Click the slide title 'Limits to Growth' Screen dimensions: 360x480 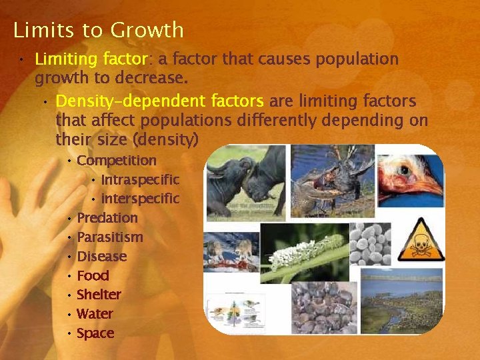click(x=98, y=30)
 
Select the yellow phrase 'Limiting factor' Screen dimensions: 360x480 click(x=89, y=59)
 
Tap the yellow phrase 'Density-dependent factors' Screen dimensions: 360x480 click(x=160, y=101)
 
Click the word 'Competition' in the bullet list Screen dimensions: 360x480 click(x=117, y=161)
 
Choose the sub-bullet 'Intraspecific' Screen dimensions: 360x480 click(x=140, y=180)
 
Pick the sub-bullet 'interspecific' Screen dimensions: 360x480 click(x=140, y=199)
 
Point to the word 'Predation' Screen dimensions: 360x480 click(x=107, y=218)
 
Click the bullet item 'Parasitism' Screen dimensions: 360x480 click(x=110, y=237)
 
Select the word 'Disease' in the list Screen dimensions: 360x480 click(x=101, y=257)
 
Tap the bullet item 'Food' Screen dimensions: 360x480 click(x=93, y=276)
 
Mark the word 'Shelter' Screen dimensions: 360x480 click(x=99, y=295)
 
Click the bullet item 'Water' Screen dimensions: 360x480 click(x=95, y=314)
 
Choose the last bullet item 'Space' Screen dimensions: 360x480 click(x=95, y=333)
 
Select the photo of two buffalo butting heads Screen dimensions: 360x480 click(x=245, y=183)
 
